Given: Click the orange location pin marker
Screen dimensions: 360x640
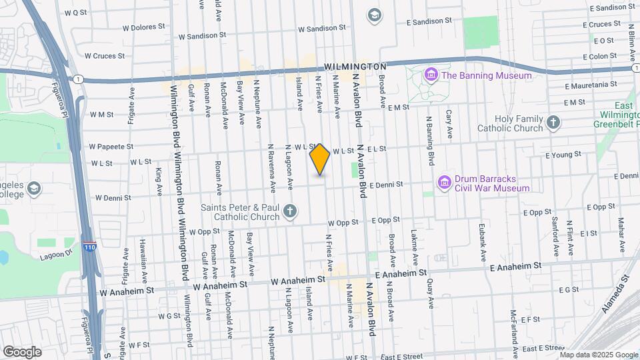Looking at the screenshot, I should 320,159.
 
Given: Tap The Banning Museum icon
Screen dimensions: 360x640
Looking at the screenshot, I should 431,75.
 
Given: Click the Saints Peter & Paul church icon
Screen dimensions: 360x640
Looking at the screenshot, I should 289,212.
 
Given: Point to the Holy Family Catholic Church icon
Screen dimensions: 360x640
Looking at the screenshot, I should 553,122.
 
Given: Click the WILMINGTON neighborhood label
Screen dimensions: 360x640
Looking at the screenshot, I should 355,67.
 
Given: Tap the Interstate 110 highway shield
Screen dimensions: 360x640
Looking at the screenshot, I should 89,247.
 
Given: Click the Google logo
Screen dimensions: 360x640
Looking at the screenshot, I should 23,351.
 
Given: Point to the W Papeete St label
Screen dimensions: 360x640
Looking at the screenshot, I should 111,146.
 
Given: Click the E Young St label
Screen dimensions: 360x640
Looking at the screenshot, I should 563,155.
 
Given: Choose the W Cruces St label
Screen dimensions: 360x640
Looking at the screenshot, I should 105,56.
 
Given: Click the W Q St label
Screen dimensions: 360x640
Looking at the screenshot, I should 76,13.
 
